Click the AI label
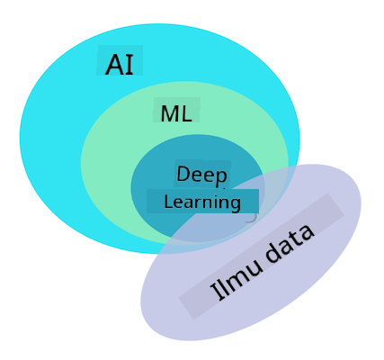(120, 65)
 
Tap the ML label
(176, 113)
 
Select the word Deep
(201, 175)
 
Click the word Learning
(202, 202)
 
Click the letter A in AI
(114, 65)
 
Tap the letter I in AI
(129, 65)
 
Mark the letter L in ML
(186, 113)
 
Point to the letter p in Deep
(221, 176)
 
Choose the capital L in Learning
(168, 202)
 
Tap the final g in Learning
(236, 204)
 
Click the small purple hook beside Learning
(252, 218)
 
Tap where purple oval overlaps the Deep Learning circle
(228, 222)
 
